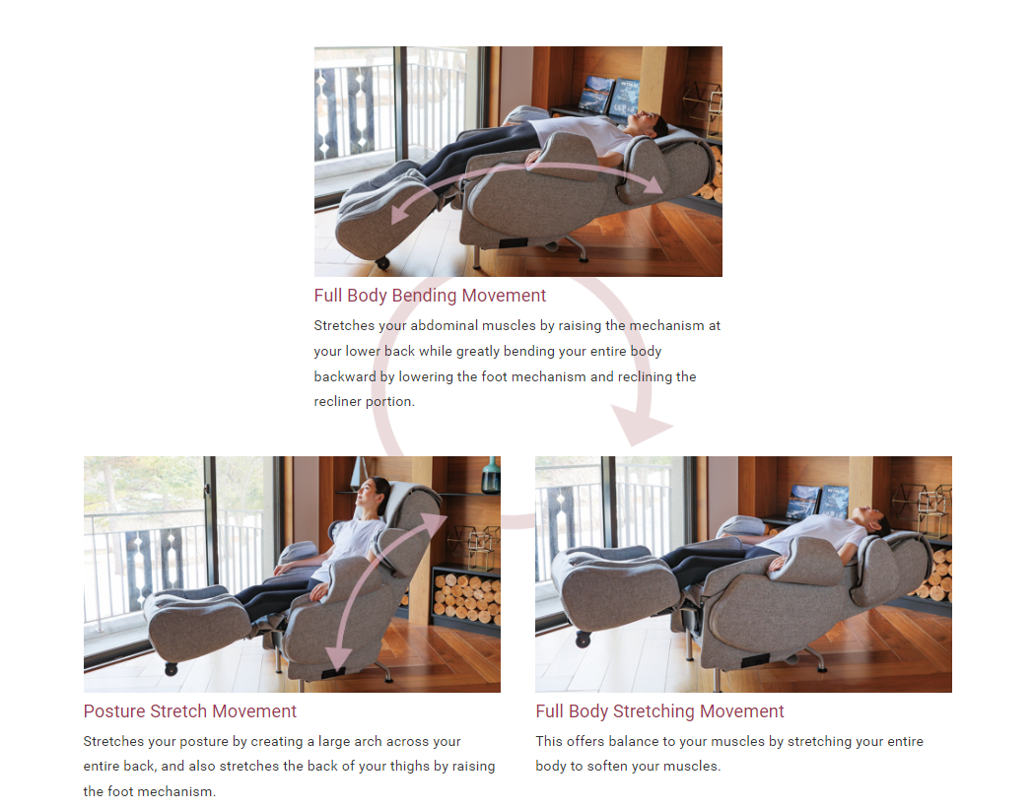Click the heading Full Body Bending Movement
click(x=430, y=296)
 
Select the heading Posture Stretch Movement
click(x=189, y=711)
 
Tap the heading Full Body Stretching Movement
click(x=659, y=711)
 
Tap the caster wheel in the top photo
click(x=382, y=263)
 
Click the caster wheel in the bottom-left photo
click(x=172, y=669)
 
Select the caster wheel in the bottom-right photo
click(x=584, y=639)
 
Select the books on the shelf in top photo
click(x=609, y=97)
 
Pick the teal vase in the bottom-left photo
click(x=491, y=475)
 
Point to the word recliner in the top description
click(x=338, y=401)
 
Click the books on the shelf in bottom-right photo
click(x=819, y=502)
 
